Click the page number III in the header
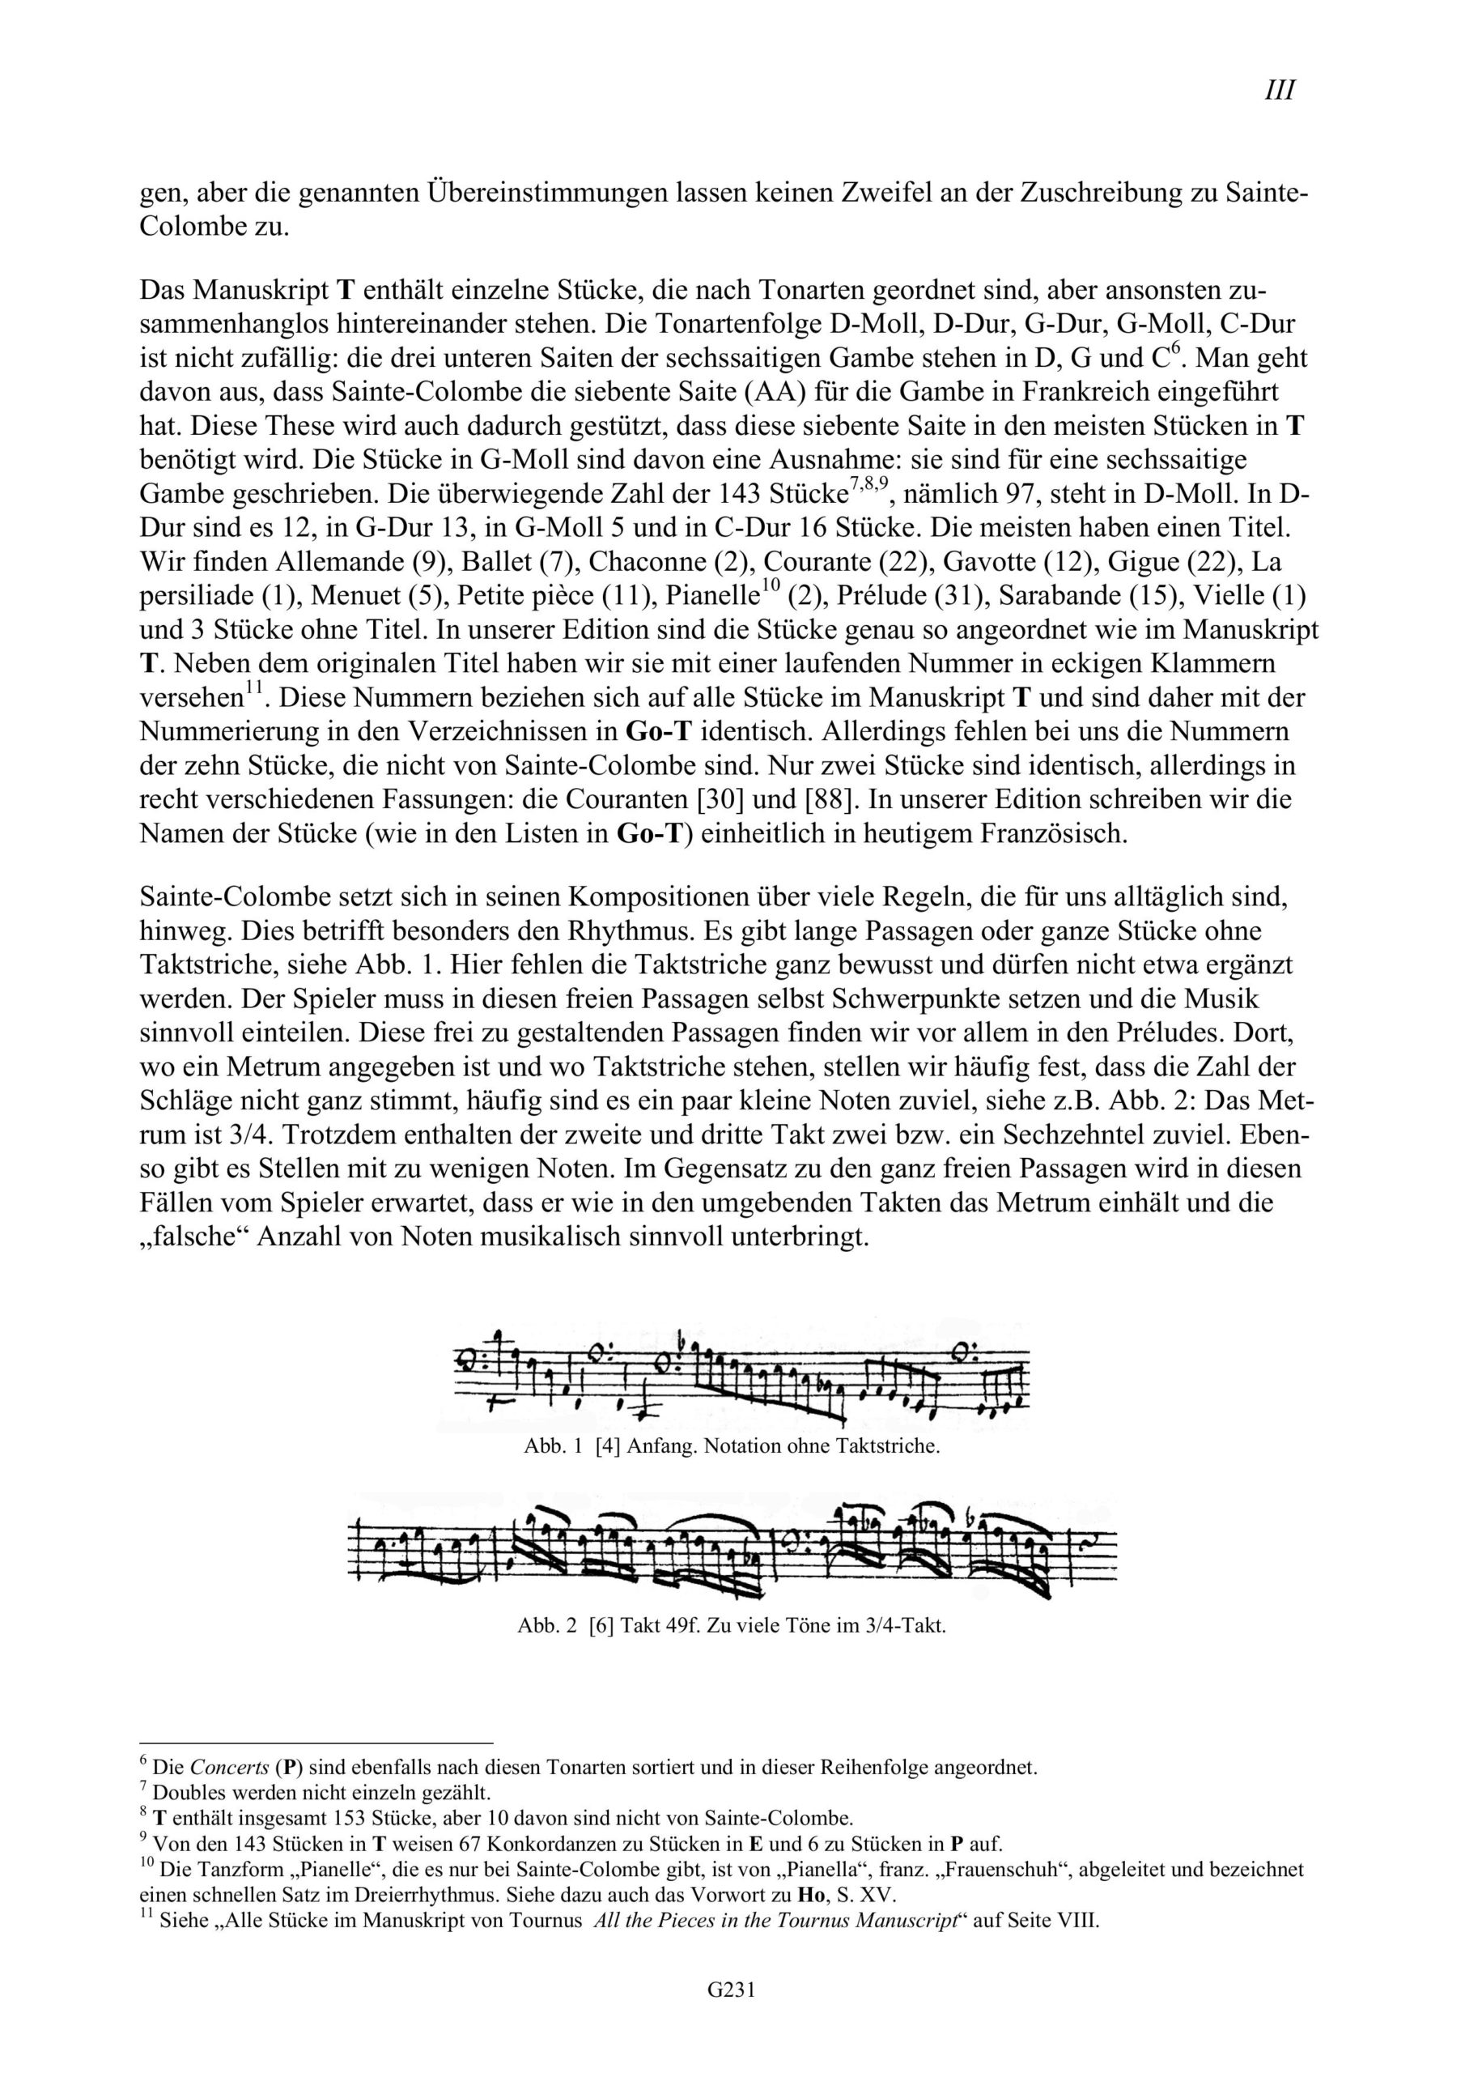(x=1279, y=92)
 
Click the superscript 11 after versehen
(x=253, y=690)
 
